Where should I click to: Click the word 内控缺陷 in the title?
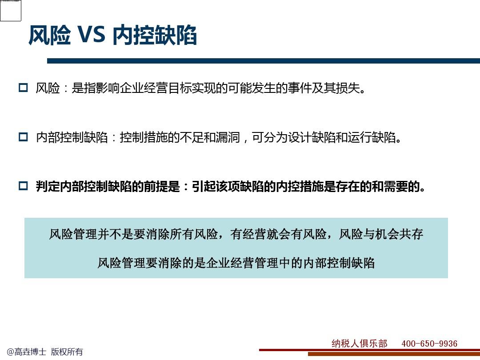click(x=154, y=35)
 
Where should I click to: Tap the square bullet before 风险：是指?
click(x=23, y=88)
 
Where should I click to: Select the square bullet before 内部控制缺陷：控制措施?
click(x=23, y=137)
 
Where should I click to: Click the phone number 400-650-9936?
click(x=429, y=344)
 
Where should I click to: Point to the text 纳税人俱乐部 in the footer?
click(x=359, y=344)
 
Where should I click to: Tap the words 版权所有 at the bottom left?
click(x=67, y=352)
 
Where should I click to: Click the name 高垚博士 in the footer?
click(x=30, y=352)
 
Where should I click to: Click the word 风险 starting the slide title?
click(x=49, y=35)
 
